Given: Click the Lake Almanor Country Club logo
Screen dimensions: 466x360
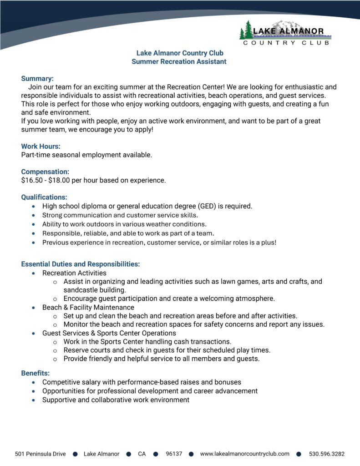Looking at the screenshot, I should coord(285,33).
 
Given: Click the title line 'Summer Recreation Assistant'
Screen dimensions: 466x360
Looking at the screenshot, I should coord(179,61).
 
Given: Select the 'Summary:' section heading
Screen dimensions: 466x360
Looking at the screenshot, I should coord(37,78).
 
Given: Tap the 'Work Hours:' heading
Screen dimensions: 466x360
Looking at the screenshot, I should coord(41,146).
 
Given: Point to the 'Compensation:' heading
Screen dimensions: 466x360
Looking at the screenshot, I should coord(45,172).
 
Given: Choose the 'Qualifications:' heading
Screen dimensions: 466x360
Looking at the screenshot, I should coord(44,197).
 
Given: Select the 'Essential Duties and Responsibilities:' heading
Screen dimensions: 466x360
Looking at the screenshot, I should coord(81,264).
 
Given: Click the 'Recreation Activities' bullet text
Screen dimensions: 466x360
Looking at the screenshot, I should coord(74,273).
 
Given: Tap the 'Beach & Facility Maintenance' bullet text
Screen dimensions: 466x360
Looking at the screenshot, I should coord(88,307).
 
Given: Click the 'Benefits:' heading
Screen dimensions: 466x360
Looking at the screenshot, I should coord(35,373).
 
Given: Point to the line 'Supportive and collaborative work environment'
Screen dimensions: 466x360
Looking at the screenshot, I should coord(116,400).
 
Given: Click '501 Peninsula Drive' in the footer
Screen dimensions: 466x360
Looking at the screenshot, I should coord(40,454).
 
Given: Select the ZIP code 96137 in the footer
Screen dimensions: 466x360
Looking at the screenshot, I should coord(174,454).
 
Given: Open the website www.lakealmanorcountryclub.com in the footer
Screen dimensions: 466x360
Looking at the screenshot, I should coord(245,454).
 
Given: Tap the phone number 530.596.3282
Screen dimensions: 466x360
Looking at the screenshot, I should coord(327,454).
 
